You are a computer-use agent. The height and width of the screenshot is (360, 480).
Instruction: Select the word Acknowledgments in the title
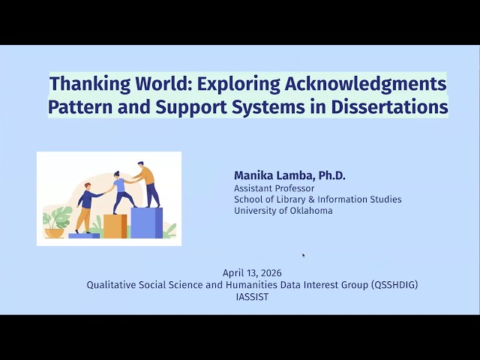pyautogui.click(x=365, y=83)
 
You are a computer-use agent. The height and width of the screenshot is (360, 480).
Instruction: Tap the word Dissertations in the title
pyautogui.click(x=389, y=106)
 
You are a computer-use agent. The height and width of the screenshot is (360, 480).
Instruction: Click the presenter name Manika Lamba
pyautogui.click(x=274, y=175)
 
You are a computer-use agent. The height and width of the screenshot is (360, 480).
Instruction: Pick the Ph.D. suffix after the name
pyautogui.click(x=331, y=175)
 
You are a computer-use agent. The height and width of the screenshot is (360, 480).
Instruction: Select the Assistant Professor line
pyautogui.click(x=274, y=188)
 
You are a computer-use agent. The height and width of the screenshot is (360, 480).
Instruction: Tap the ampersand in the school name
pyautogui.click(x=312, y=199)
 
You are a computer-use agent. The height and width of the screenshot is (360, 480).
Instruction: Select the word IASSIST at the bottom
pyautogui.click(x=252, y=297)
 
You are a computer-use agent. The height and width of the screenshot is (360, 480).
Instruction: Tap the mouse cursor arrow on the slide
pyautogui.click(x=303, y=255)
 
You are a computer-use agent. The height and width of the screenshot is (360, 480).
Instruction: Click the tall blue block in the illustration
pyautogui.click(x=147, y=223)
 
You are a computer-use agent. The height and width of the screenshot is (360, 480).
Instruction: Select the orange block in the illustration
pyautogui.click(x=115, y=226)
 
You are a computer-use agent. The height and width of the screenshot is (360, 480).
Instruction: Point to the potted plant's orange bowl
pyautogui.click(x=55, y=233)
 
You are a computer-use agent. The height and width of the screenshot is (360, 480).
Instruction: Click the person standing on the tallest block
pyautogui.click(x=148, y=184)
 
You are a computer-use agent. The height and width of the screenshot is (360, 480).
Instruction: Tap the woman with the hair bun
pyautogui.click(x=121, y=192)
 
